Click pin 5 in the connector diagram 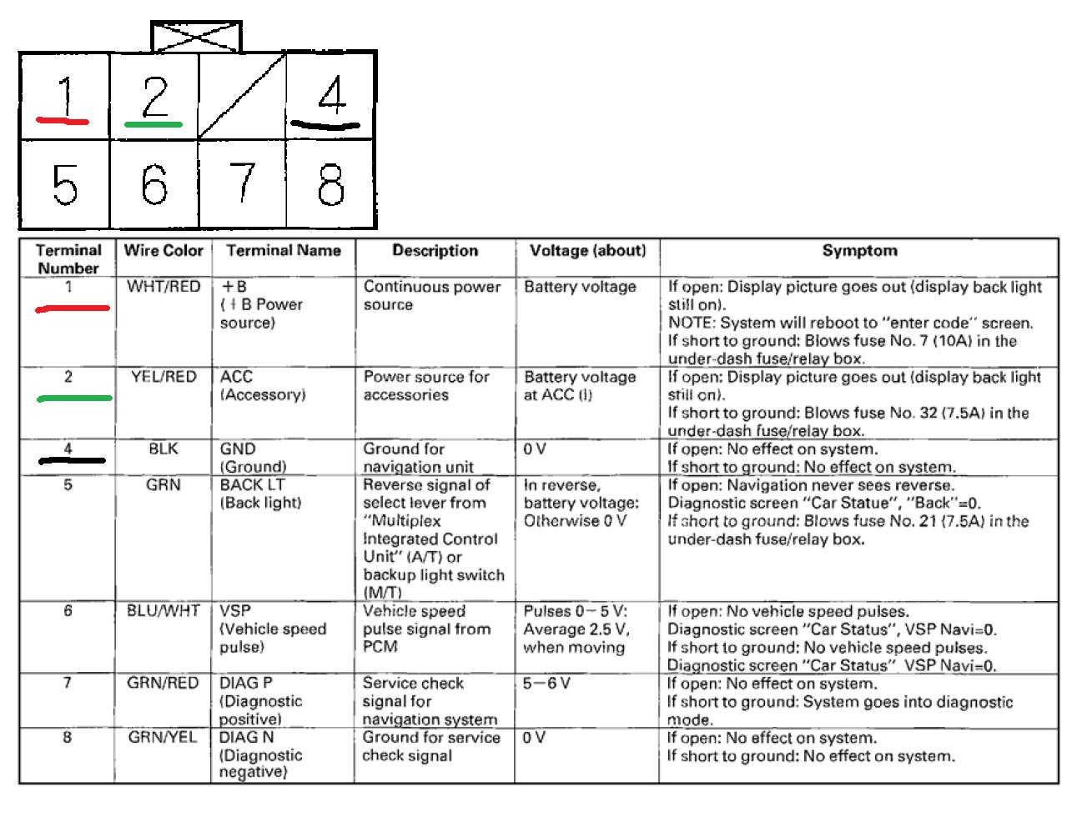65,183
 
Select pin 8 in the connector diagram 331,183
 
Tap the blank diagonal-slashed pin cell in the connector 242,96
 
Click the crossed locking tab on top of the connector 196,38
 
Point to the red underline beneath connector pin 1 63,121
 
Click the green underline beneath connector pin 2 153,124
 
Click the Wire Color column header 164,250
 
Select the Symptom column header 859,250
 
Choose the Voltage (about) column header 588,250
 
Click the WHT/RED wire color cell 164,287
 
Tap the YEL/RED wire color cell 164,377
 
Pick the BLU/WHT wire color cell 164,611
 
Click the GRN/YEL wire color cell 164,738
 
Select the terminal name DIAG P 246,684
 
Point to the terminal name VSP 235,611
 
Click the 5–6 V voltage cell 547,684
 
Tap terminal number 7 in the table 68,684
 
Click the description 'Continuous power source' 431,295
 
